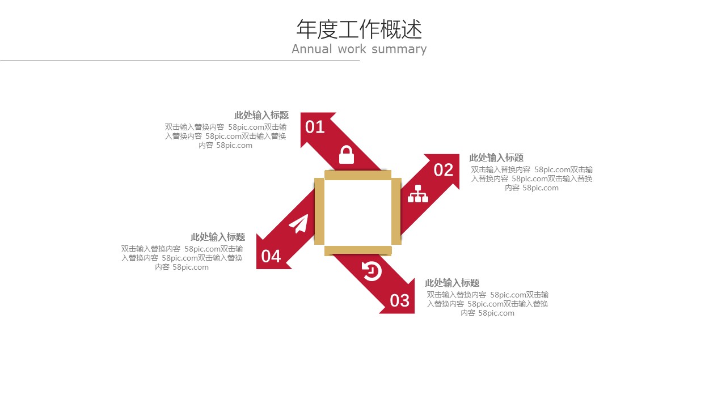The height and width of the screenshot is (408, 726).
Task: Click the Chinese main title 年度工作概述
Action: [x=359, y=29]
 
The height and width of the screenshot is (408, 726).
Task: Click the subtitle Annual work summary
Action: [x=359, y=49]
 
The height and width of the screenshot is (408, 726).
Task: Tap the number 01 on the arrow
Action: [x=315, y=127]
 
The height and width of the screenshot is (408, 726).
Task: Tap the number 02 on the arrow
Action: [x=444, y=170]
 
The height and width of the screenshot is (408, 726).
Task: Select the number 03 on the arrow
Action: [x=400, y=301]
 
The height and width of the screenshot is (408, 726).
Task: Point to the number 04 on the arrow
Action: [x=271, y=257]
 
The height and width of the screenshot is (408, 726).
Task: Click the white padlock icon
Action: [x=347, y=155]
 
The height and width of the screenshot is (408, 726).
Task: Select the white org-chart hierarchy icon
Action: [x=418, y=194]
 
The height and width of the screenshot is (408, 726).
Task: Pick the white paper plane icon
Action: [x=298, y=223]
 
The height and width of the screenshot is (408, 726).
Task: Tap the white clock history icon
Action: [x=372, y=271]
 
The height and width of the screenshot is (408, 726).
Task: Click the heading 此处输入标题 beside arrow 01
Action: [x=261, y=115]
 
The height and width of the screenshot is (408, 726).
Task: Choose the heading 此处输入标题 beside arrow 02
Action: [x=496, y=158]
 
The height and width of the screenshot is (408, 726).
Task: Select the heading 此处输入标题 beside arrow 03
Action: [x=452, y=283]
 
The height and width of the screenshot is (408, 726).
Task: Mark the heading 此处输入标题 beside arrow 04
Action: [x=218, y=237]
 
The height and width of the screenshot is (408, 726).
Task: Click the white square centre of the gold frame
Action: [x=358, y=212]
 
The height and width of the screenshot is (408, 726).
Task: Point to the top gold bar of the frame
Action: [x=358, y=175]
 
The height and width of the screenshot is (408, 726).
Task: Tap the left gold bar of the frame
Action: [x=319, y=211]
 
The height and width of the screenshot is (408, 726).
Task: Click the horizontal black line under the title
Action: [x=180, y=61]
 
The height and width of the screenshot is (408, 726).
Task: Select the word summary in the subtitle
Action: [x=399, y=49]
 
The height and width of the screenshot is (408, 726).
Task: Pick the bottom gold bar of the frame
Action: [x=358, y=250]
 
